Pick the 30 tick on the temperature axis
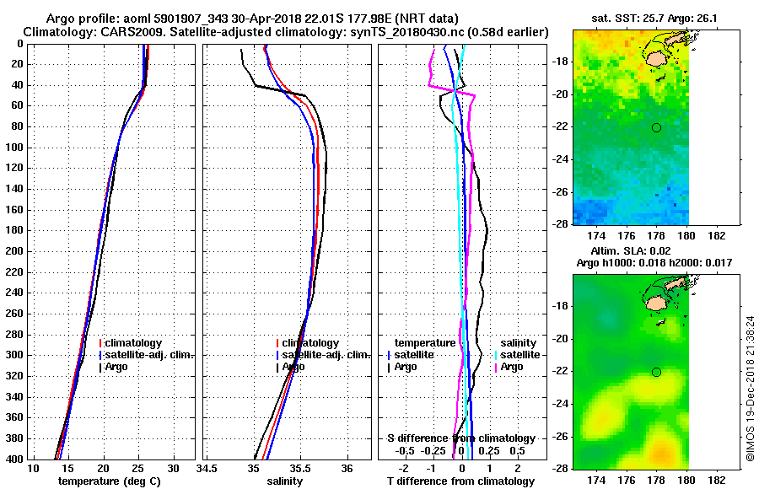(x=174, y=469)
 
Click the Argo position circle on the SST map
(x=656, y=127)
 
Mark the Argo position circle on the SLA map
(x=656, y=372)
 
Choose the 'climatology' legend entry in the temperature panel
(x=134, y=343)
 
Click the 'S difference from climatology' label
(x=461, y=438)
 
